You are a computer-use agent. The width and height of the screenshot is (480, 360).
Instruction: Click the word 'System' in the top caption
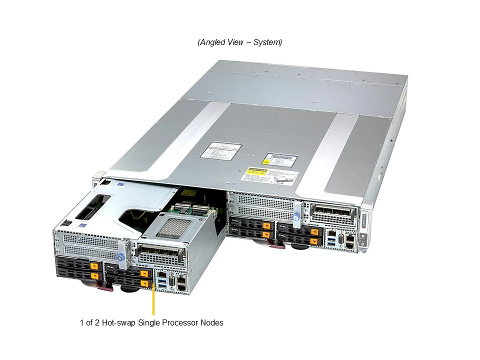(x=267, y=42)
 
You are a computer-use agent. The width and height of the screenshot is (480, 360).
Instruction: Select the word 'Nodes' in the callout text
(x=211, y=323)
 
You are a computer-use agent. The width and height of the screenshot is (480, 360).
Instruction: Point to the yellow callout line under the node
(x=153, y=300)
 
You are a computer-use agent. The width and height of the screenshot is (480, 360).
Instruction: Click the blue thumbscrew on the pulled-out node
(x=120, y=258)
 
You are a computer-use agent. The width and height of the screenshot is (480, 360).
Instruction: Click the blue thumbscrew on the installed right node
(x=297, y=217)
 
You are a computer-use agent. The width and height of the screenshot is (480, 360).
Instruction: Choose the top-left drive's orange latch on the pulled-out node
(x=94, y=265)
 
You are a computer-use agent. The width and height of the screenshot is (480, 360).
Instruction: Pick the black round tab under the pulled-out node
(x=129, y=287)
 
